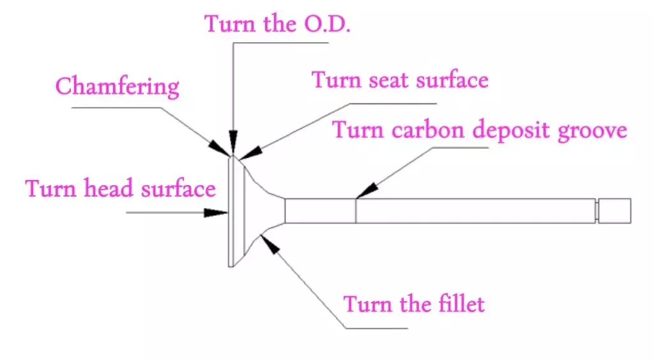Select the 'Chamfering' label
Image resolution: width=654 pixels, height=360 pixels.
point(118,87)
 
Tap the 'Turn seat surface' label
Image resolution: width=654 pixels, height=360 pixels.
point(399,80)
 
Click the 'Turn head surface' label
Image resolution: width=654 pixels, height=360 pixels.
point(120,189)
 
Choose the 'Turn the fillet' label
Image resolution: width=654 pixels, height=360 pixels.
point(414,303)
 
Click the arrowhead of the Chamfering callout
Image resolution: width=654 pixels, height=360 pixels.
point(224,149)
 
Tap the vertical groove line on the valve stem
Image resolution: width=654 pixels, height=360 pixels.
point(356,211)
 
